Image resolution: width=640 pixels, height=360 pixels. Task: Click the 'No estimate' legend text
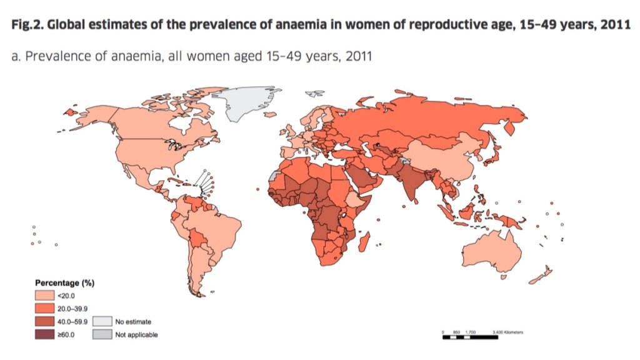(132, 322)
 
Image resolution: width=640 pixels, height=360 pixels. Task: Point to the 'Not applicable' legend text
(136, 334)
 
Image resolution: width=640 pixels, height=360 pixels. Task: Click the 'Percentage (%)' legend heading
(64, 283)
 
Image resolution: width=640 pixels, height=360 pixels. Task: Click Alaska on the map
(94, 116)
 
